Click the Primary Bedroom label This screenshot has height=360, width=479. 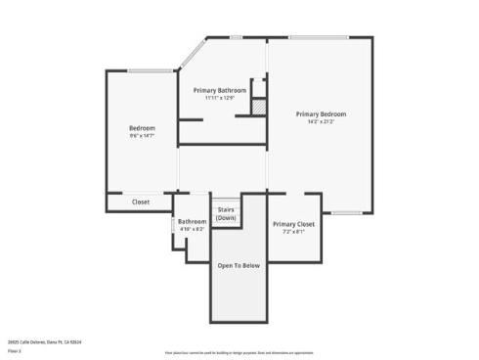[321, 113]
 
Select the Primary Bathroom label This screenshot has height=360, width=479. [219, 90]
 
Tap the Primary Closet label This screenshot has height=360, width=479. [293, 224]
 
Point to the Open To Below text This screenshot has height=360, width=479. [238, 265]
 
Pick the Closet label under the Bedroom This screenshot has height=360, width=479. [141, 202]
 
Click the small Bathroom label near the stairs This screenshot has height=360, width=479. [192, 221]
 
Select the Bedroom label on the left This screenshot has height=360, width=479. [142, 128]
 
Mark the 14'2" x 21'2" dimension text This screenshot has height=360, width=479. [321, 121]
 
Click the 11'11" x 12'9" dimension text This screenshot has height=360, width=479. [219, 98]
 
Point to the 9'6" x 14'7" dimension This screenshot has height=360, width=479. [142, 136]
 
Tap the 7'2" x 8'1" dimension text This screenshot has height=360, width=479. [293, 232]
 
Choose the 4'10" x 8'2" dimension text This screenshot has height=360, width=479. [192, 229]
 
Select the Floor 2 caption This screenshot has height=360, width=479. [16, 349]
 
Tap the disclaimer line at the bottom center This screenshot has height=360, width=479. [239, 351]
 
